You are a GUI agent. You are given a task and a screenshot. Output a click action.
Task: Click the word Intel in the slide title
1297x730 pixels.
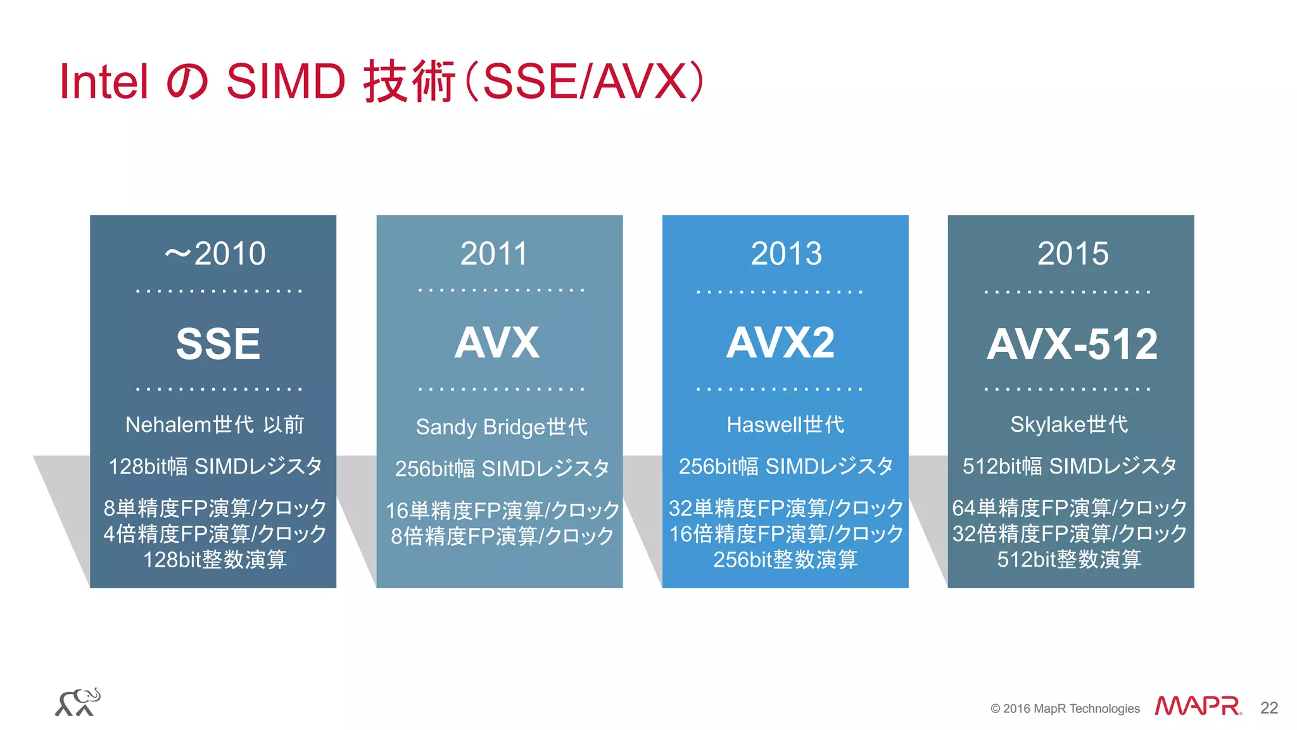103,82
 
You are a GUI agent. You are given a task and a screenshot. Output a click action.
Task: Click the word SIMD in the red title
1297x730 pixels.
286,82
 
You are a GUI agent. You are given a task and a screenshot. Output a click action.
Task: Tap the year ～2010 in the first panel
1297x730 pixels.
215,253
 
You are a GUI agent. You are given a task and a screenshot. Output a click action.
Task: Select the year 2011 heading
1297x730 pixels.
494,253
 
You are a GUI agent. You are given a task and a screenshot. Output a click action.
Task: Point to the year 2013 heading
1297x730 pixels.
786,253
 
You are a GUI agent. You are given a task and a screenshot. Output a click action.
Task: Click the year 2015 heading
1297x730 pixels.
1073,253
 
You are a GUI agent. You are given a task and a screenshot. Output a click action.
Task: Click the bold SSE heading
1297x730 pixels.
218,344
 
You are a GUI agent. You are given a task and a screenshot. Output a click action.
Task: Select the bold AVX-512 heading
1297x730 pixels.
1072,344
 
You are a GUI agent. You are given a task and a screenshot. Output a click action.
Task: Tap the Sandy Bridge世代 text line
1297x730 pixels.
502,427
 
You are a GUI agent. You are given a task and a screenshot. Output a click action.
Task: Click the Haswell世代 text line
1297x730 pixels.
785,424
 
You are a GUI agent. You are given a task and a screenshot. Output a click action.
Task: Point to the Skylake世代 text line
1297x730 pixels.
1069,424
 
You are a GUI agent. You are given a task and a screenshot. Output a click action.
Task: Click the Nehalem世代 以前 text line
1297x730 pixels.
215,424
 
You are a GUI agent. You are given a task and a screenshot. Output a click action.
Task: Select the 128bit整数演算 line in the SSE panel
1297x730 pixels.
215,559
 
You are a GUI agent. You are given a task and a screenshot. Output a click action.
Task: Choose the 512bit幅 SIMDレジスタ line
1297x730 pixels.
1069,466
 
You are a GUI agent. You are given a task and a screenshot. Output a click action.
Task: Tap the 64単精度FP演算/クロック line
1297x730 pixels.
1069,508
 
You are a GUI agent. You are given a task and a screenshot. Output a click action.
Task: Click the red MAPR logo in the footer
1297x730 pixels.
1197,706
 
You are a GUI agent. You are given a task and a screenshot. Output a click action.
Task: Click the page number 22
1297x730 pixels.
1269,707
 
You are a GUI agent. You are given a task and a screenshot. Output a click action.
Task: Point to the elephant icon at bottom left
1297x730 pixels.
78,702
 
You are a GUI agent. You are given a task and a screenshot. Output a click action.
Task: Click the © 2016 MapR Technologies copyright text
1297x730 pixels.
1065,708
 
